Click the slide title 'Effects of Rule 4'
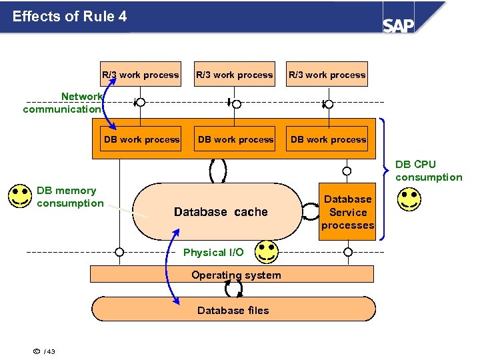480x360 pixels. pos(69,16)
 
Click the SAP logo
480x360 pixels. pos(398,25)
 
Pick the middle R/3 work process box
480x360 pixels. pos(234,75)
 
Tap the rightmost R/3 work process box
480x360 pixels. pos(327,75)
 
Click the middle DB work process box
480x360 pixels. pos(235,139)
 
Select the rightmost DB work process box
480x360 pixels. pos(329,139)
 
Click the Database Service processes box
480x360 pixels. pos(347,212)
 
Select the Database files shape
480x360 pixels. pos(233,310)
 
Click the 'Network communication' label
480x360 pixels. pos(62,103)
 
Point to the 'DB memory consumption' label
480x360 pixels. pos(69,197)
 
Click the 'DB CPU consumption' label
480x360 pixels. pos(428,171)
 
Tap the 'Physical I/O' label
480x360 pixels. pos(213,253)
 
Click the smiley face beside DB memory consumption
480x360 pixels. pos(20,196)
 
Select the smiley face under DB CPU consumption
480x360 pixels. pos(409,200)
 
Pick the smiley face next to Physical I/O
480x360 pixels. pos(267,252)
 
